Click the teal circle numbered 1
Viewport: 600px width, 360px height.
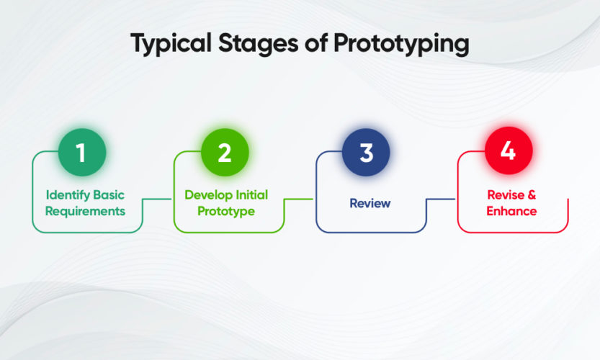[x=82, y=153]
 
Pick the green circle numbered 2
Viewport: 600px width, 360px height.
[x=224, y=153]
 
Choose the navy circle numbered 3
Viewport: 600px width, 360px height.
[x=366, y=153]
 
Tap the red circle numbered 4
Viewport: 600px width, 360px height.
[x=508, y=153]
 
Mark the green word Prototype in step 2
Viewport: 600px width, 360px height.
[x=226, y=211]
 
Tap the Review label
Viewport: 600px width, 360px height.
[x=370, y=203]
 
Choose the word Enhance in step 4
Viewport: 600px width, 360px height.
[x=512, y=211]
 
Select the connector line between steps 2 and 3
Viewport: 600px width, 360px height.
[x=300, y=199]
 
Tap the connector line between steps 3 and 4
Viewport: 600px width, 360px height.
[x=442, y=199]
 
